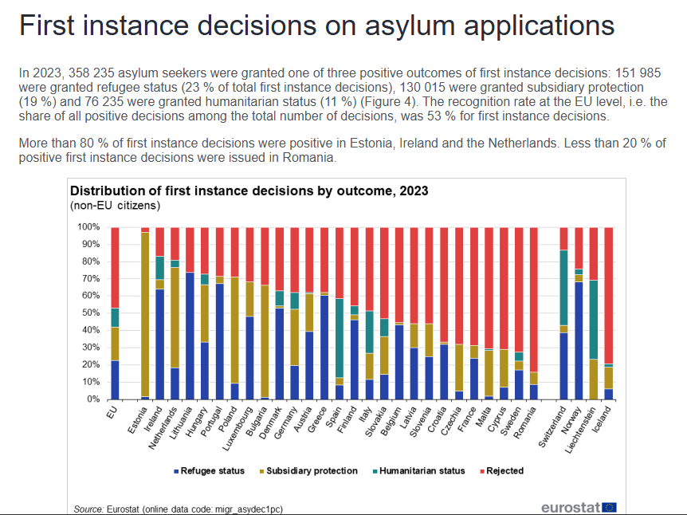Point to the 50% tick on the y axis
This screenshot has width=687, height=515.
tap(88, 313)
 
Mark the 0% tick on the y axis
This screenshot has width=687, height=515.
tap(90, 399)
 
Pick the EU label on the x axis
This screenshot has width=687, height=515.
tap(112, 411)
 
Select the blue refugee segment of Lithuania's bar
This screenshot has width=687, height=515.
tap(190, 335)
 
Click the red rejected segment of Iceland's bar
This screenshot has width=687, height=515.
tap(609, 295)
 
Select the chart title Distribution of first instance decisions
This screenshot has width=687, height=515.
tap(249, 191)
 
